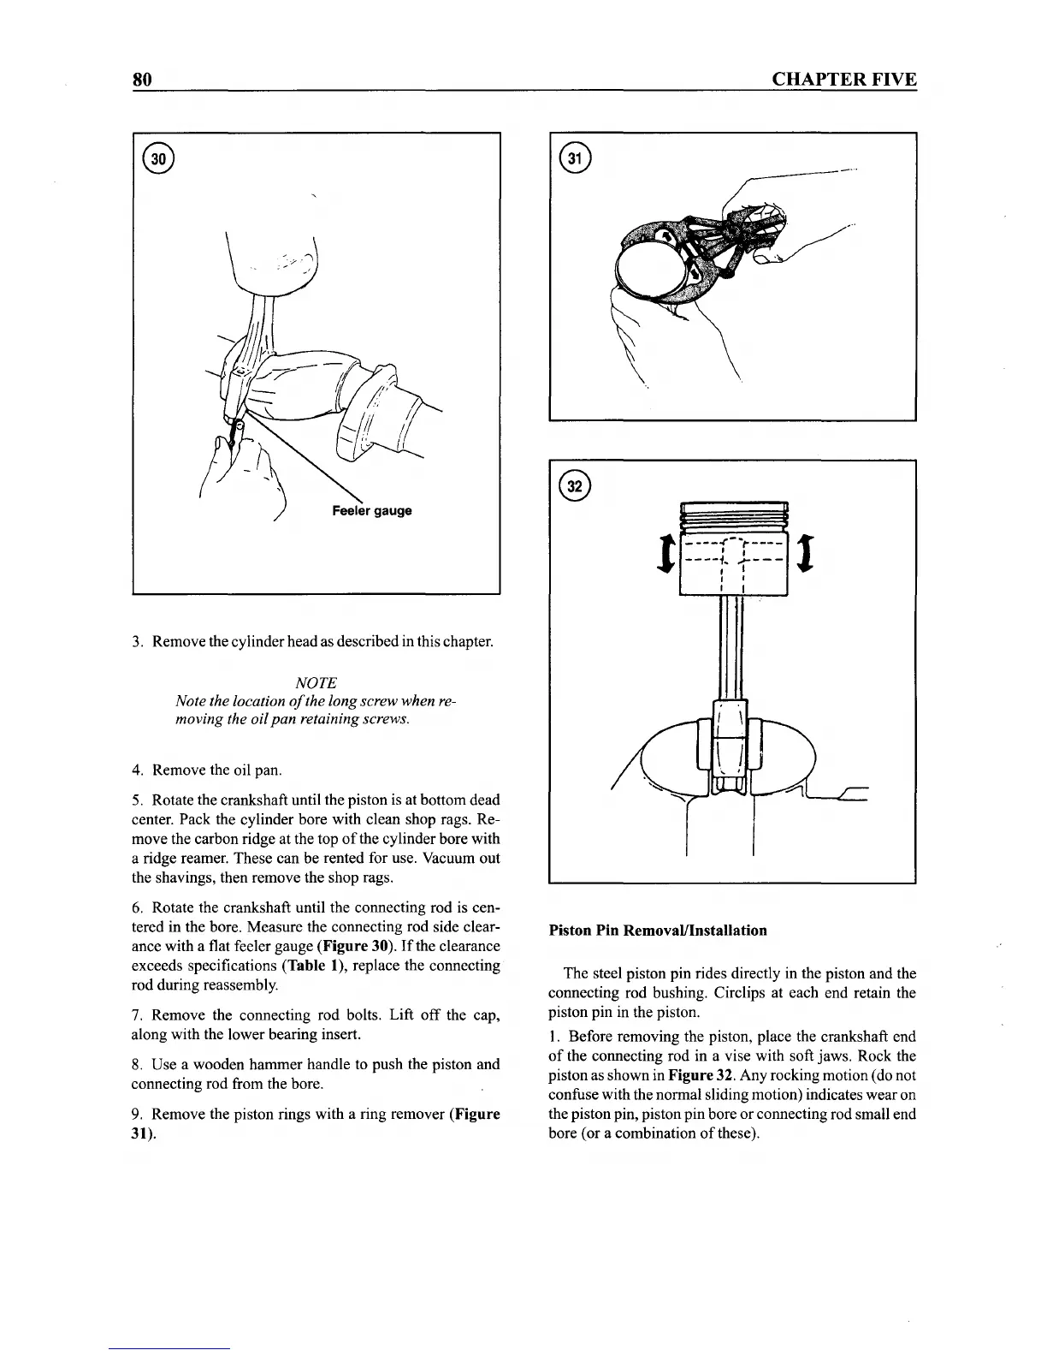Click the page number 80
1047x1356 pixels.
[x=142, y=80]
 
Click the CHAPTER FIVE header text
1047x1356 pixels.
[x=843, y=80]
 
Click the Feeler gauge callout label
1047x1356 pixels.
[x=371, y=511]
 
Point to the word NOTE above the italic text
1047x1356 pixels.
[x=315, y=682]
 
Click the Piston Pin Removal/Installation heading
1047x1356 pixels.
[x=657, y=930]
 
